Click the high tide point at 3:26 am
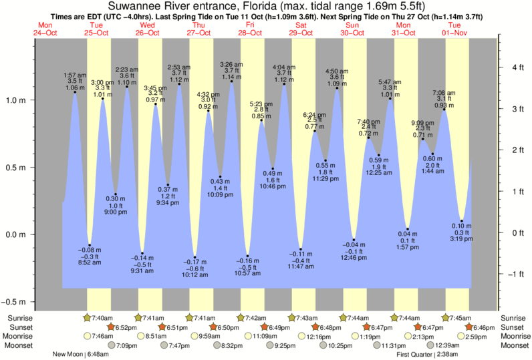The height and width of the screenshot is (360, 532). (232, 82)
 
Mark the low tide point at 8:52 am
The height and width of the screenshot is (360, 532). (90, 245)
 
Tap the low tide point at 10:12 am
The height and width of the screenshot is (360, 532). (195, 257)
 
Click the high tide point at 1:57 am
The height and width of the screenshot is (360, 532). (75, 92)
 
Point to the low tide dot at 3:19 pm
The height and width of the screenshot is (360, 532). (462, 221)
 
